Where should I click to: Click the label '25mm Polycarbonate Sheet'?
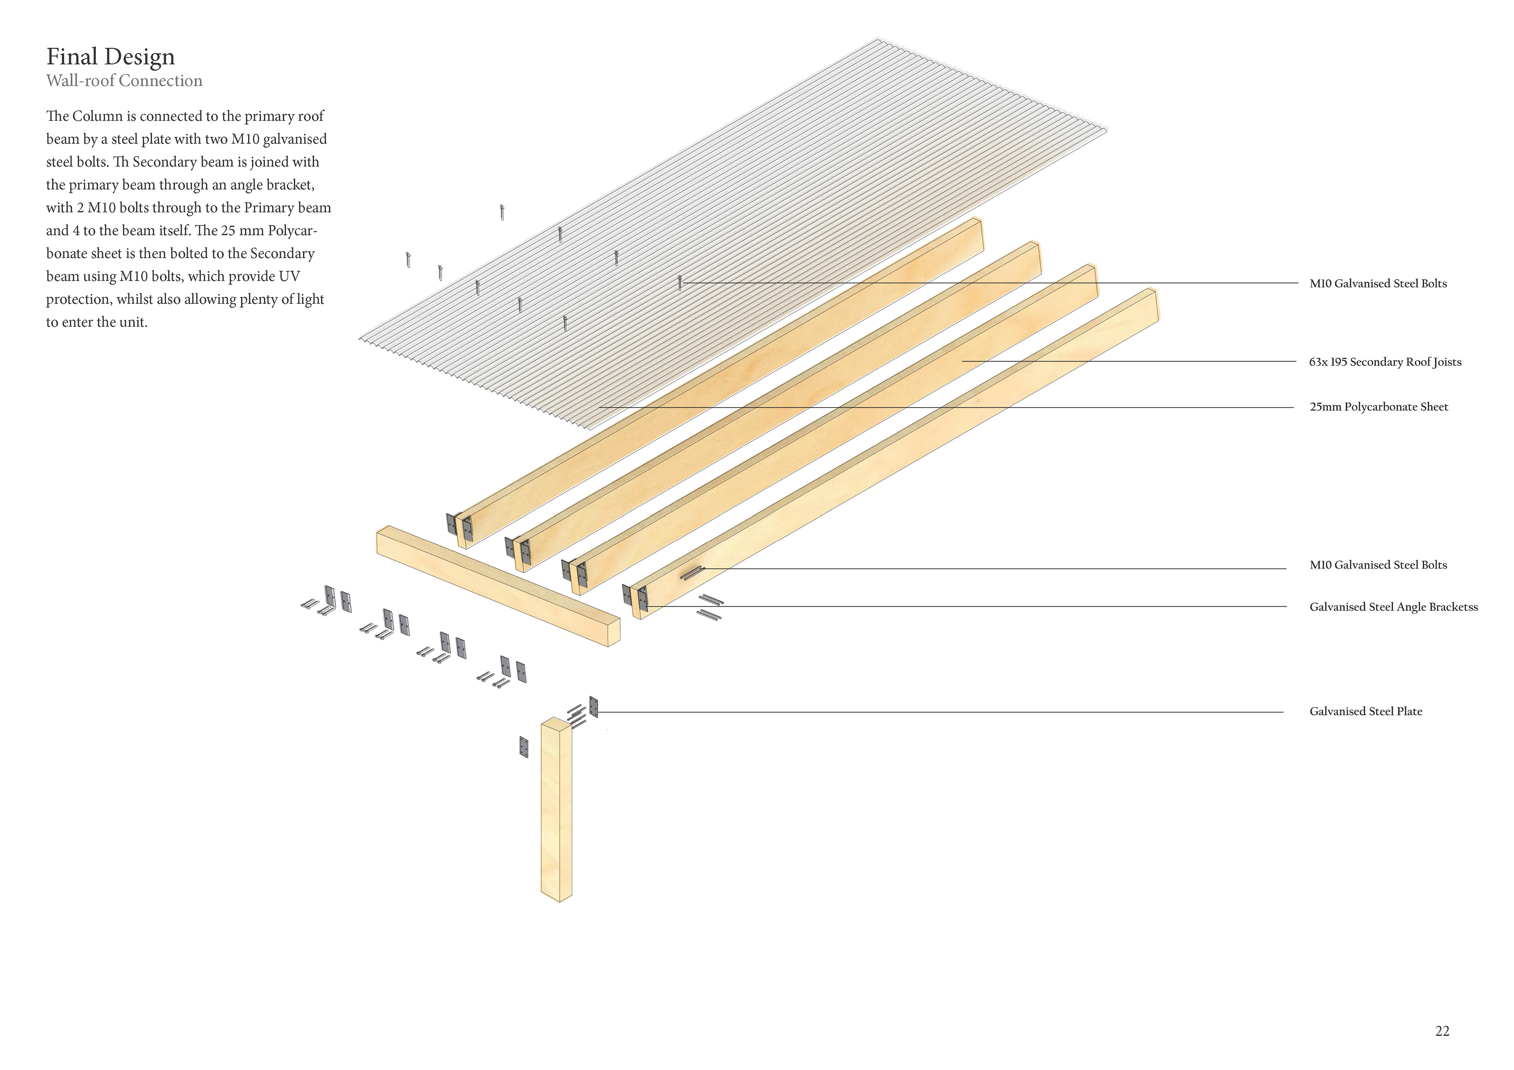[1378, 407]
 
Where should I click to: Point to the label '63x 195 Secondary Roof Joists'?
[1385, 362]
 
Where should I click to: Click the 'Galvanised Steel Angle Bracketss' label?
[1393, 607]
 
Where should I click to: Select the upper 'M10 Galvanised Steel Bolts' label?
[1378, 283]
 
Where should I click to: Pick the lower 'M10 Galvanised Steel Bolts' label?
[1378, 565]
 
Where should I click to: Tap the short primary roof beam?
[498, 585]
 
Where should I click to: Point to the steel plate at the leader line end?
[593, 707]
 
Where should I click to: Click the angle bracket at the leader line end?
[643, 601]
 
